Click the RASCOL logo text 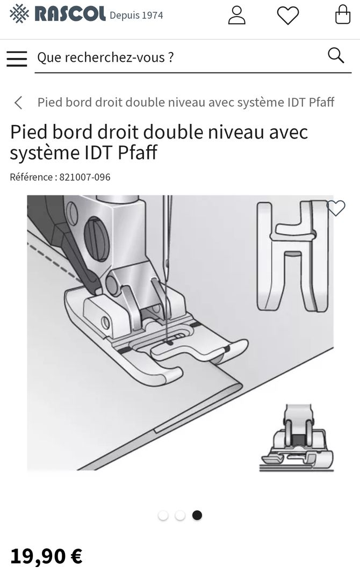tap(70, 14)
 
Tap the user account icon tap(236, 15)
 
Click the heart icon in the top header tap(288, 16)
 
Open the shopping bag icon tap(343, 14)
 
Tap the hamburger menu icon tap(17, 59)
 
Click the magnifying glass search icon tap(336, 56)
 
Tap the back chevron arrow tap(18, 103)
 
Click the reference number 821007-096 tap(84, 177)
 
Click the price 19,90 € tap(46, 556)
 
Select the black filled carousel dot tap(197, 515)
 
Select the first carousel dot tap(163, 515)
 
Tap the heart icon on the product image tap(336, 208)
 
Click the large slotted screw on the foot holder tap(97, 239)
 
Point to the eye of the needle tap(167, 263)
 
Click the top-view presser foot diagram tap(292, 256)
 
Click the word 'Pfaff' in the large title tap(138, 152)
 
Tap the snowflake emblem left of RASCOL tap(19, 14)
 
